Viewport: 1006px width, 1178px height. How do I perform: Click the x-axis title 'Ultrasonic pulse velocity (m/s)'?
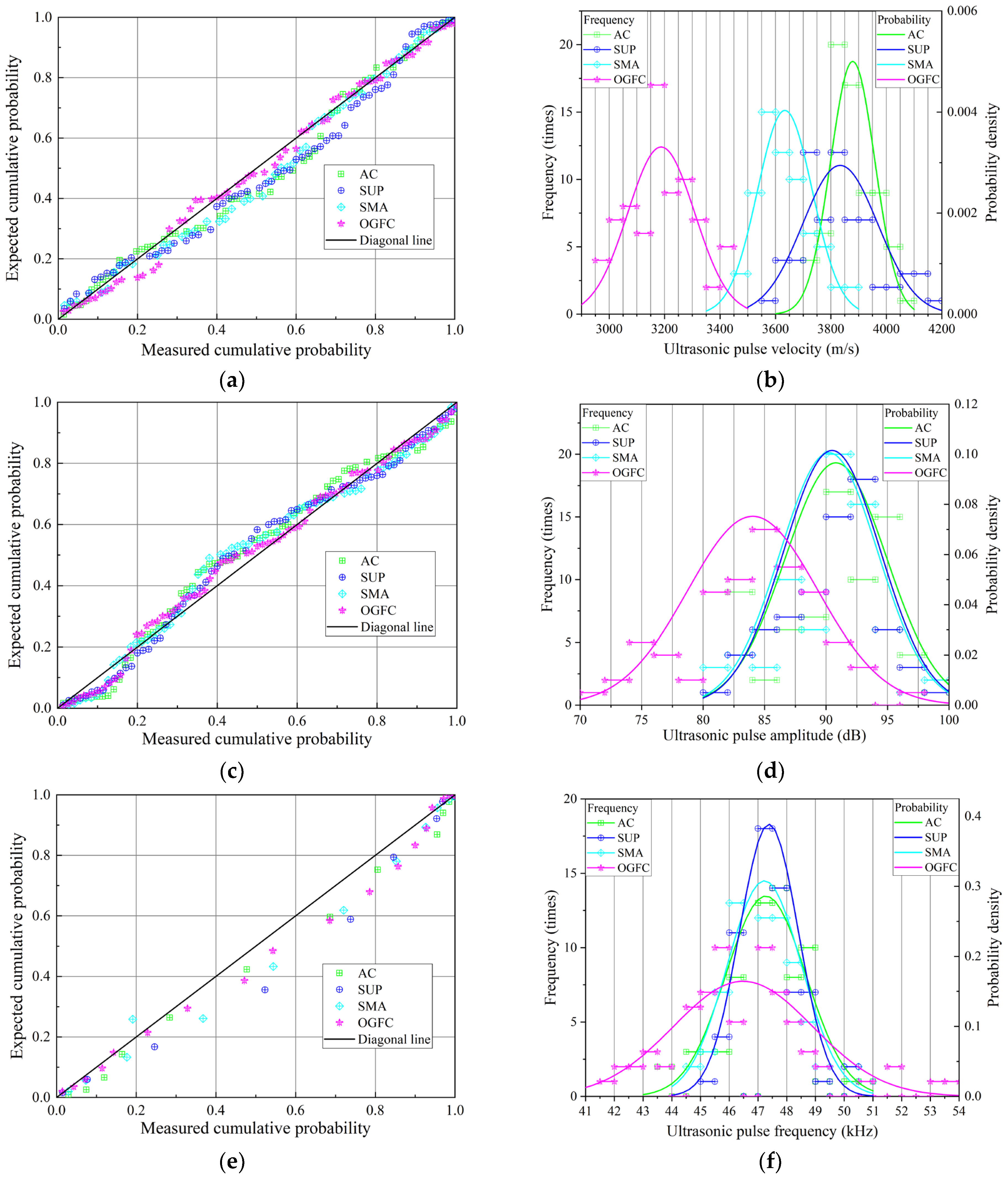point(762,349)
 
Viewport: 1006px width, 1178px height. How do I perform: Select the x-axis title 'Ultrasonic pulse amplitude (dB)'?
point(764,736)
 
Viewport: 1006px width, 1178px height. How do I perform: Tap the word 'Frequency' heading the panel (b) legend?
point(609,20)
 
